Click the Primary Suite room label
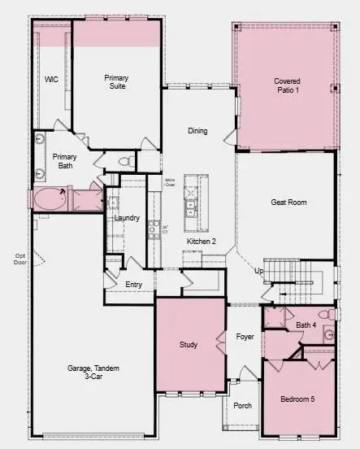(116, 82)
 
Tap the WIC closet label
(51, 79)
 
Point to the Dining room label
(197, 131)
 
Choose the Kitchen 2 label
(201, 242)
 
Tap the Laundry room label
(127, 218)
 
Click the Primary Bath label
(64, 161)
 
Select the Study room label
(189, 345)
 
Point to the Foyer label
(245, 336)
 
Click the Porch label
(242, 405)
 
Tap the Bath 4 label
(306, 325)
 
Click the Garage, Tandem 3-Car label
(93, 373)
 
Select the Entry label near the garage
(134, 285)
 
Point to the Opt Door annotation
(21, 259)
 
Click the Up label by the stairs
(259, 271)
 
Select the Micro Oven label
(170, 181)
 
